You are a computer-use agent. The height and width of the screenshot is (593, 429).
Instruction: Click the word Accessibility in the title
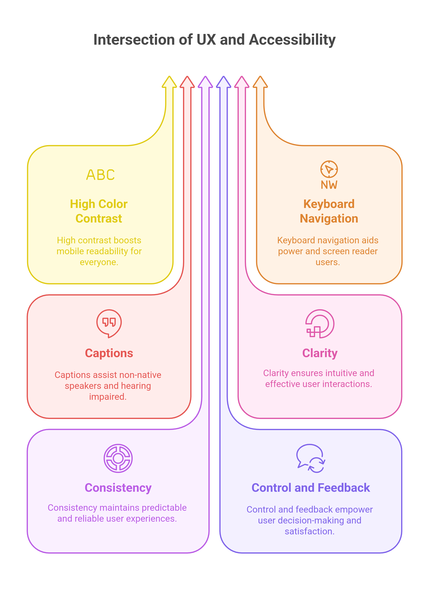coord(292,40)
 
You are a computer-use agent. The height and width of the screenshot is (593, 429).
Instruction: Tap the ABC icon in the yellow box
coord(100,175)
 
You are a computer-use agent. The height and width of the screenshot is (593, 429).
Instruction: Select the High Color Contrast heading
coord(99,211)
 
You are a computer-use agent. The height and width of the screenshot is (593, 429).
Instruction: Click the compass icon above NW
coord(329,169)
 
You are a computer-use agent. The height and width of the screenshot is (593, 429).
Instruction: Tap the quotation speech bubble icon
coord(109,323)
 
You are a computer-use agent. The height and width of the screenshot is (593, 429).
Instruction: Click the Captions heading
coord(109,353)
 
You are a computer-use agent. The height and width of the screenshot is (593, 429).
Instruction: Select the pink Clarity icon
coord(320,324)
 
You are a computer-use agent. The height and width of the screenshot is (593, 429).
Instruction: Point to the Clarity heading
coord(320,353)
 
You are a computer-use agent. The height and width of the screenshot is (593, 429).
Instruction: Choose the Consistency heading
coord(118,488)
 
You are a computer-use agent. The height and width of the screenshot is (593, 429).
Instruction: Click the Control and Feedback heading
coord(311,488)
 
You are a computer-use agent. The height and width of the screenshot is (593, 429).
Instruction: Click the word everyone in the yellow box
coord(99,262)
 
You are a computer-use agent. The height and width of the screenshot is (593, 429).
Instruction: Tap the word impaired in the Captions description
coord(108,397)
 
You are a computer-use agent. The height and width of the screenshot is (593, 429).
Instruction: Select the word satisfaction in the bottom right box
coord(309,531)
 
